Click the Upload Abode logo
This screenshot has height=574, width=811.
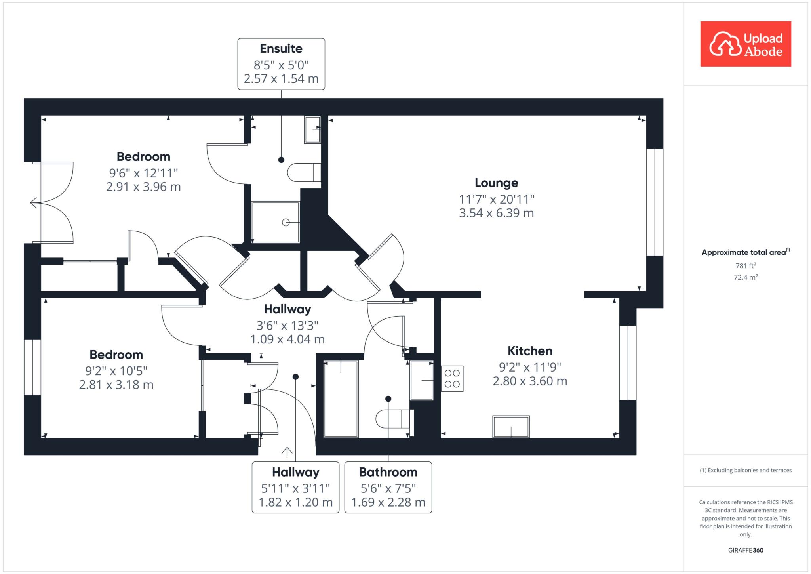[746, 44]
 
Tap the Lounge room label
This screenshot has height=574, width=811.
[497, 183]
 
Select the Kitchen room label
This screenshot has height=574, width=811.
[530, 351]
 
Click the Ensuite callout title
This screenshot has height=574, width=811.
[281, 49]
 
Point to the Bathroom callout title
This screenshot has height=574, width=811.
[388, 472]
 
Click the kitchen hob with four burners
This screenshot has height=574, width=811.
[452, 379]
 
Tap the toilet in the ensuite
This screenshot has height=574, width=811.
[304, 173]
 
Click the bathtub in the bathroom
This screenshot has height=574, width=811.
[341, 399]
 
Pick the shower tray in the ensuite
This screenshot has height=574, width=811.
[276, 222]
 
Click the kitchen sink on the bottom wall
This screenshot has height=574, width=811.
[511, 427]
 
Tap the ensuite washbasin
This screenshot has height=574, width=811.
[312, 130]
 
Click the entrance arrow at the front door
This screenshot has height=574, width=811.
[287, 452]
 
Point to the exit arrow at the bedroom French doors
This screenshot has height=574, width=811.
[34, 203]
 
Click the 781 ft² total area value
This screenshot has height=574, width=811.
[746, 265]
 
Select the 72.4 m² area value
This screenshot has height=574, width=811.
[746, 277]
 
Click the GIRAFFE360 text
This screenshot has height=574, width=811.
[746, 550]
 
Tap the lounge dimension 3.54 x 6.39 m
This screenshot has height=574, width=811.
[497, 213]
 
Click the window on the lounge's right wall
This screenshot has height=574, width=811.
[655, 202]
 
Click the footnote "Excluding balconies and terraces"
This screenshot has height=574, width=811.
[750, 470]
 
